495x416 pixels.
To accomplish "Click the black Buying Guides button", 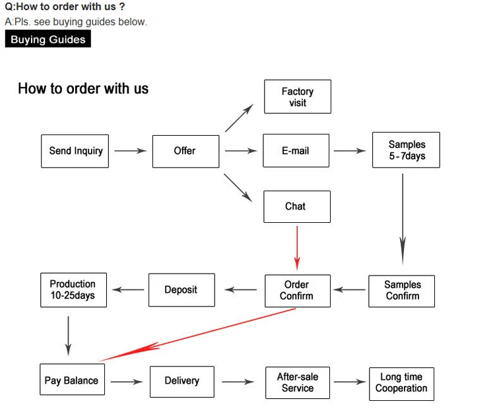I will pos(48,40).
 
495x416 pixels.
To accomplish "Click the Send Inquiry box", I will pos(75,151).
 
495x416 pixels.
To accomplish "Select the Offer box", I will pos(185,151).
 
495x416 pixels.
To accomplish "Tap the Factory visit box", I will pos(297,97).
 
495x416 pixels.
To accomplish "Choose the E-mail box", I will pos(296,151).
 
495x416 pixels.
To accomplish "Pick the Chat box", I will pos(296,206).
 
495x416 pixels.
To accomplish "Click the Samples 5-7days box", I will pos(405,150).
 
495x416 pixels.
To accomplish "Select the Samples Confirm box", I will pos(401,291).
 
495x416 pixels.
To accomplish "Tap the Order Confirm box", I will pos(296,290).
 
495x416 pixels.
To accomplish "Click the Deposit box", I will pos(181,290).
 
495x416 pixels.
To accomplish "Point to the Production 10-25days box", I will pos(73,289).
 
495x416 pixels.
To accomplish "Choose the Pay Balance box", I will pos(71,380).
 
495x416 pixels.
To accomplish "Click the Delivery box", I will pos(181,381).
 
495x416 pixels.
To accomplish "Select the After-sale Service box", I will pos(297,382).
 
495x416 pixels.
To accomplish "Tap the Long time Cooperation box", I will pos(401,382).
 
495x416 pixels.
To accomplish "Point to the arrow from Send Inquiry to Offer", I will pos(130,151).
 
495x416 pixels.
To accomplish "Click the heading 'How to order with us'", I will pos(83,89).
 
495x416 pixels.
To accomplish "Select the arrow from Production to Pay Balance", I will pos(69,336).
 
